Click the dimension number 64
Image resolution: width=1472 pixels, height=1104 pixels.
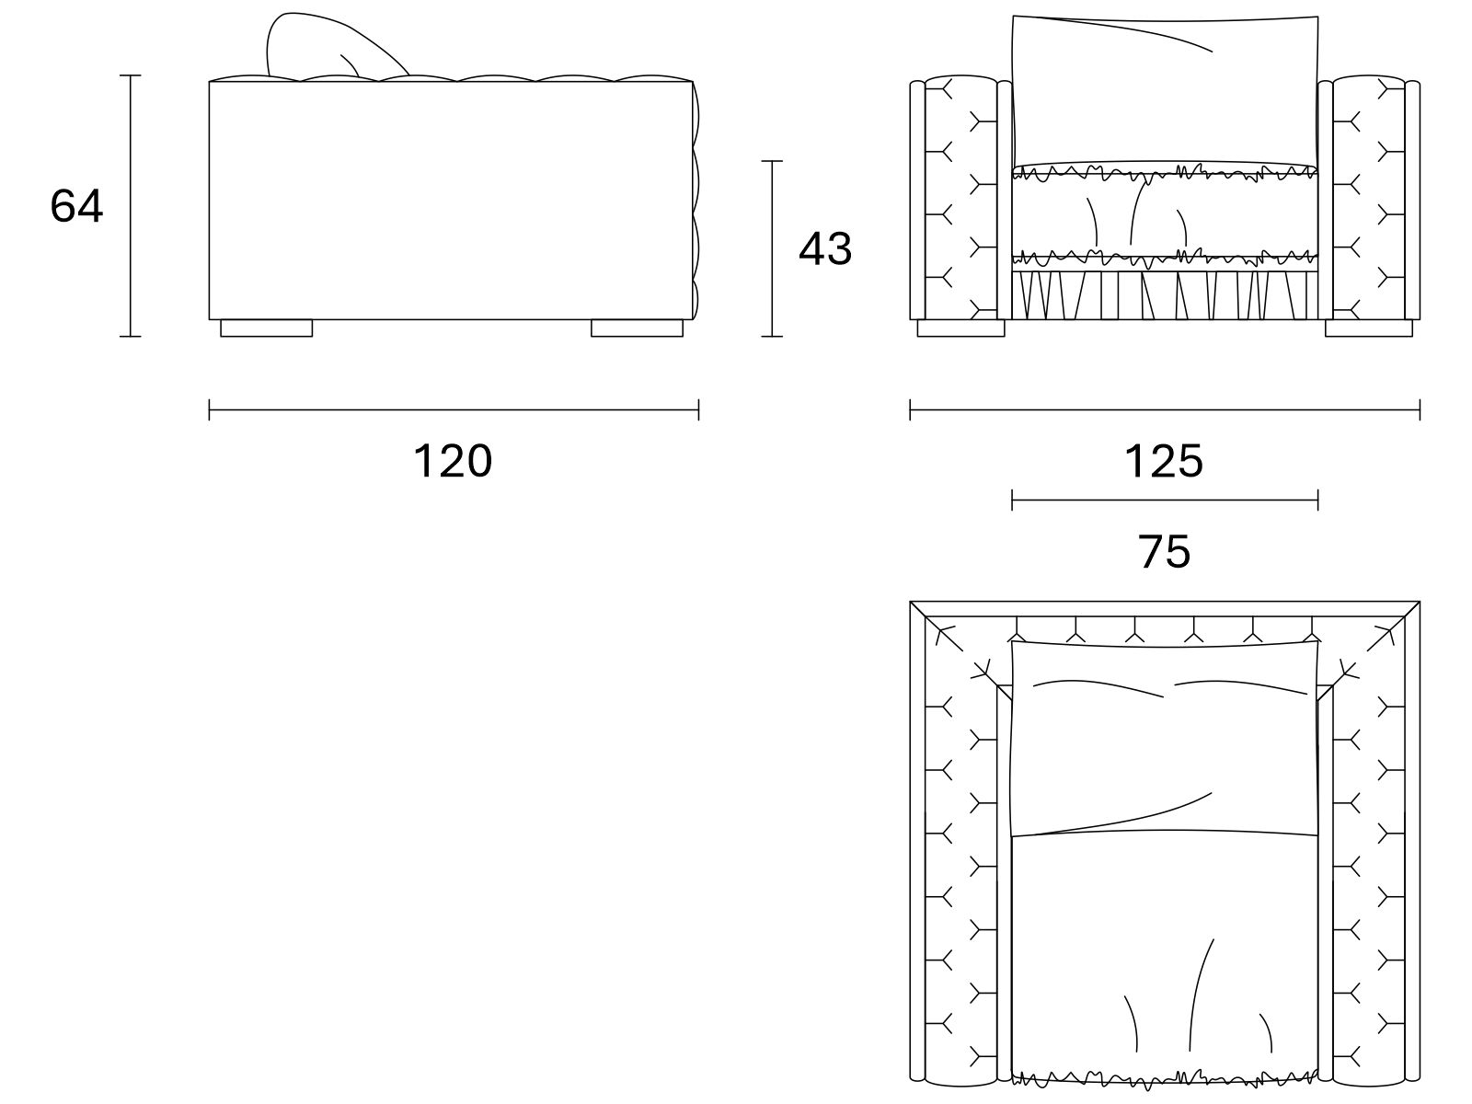pos(76,206)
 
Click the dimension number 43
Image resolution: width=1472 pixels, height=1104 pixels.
pos(825,248)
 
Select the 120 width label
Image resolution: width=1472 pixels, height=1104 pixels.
pos(454,461)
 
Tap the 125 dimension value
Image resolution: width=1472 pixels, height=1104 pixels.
pos(1164,461)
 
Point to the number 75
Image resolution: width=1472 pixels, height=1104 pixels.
pos(1164,552)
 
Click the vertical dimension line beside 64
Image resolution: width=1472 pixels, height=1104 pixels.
pos(130,206)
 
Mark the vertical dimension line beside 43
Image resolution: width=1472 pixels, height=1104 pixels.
pos(772,248)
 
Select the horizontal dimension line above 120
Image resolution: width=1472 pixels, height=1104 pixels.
pos(454,409)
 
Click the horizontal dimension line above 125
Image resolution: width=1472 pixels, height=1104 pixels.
pos(1165,409)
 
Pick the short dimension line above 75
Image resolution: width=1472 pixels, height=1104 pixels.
pos(1165,500)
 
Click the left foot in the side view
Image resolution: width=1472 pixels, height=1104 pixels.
pos(266,328)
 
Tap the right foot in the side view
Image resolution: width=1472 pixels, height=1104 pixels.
pos(637,328)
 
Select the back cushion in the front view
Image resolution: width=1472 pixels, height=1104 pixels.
pos(1165,90)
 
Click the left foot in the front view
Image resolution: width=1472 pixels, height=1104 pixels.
pos(961,328)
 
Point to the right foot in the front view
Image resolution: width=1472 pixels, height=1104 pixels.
pos(1369,328)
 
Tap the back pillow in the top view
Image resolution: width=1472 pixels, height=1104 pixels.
pos(1165,738)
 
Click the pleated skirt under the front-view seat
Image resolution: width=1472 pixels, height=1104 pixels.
pos(1165,295)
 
